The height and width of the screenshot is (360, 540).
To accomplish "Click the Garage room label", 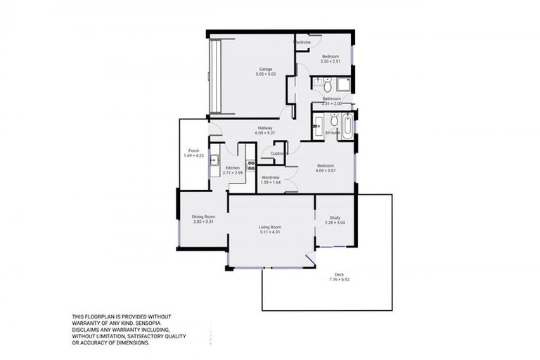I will pos(264,69).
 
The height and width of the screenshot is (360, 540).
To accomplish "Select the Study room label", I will pos(335,218).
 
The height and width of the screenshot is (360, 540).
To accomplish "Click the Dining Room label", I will pos(203,216).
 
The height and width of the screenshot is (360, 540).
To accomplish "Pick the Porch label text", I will pos(193,150).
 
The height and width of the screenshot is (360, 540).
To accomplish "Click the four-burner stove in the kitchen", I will pos(250,167).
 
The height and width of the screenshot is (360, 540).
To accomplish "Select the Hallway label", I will pos(264,127).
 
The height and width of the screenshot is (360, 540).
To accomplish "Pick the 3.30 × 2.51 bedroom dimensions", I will pos(330,62).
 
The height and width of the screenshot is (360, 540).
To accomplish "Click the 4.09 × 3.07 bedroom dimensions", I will pos(324,171).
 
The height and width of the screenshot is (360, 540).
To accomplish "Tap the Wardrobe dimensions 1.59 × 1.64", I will pos(271,183).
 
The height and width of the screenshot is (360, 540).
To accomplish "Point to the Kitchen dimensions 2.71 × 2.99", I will pos(232,172).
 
